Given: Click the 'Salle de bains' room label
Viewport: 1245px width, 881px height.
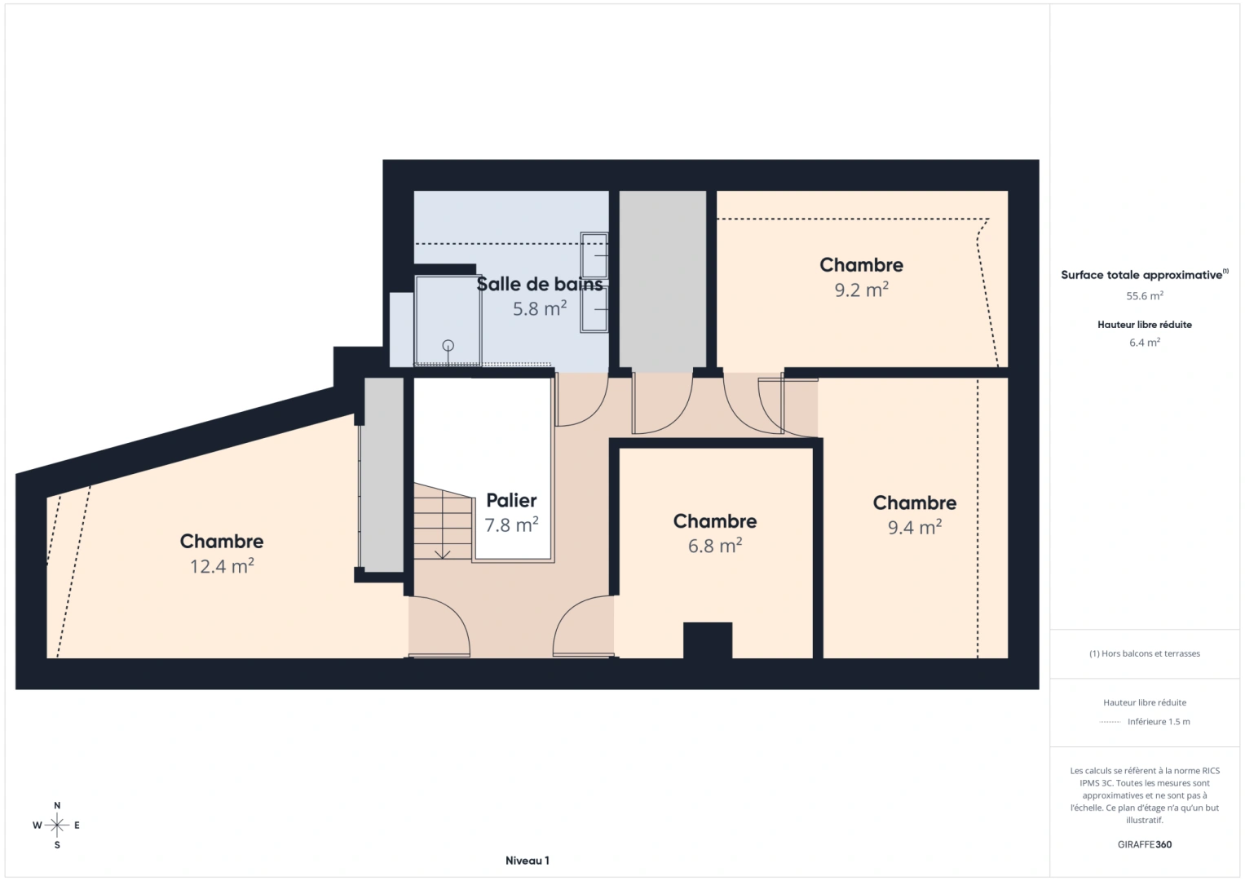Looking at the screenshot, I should [x=540, y=284].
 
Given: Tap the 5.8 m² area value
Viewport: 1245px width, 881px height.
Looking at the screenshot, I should [x=539, y=308].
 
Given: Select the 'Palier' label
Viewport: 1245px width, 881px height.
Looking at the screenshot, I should [x=511, y=500].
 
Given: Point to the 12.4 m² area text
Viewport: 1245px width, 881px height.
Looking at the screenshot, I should [x=222, y=565].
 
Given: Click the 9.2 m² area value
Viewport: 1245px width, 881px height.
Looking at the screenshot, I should [x=861, y=290].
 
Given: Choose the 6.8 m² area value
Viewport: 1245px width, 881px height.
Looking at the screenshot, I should [x=714, y=546].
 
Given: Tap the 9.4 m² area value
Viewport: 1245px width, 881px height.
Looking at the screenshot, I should [x=914, y=527].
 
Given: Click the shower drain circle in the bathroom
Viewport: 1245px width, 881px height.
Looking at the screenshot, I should [x=448, y=346].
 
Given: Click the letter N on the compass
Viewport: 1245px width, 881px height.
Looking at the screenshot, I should [x=57, y=805].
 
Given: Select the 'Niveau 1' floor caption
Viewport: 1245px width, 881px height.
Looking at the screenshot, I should [x=527, y=861].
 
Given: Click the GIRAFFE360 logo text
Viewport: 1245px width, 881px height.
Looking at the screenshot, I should [x=1144, y=844].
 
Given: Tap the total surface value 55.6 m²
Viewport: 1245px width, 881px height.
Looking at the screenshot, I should [x=1144, y=296].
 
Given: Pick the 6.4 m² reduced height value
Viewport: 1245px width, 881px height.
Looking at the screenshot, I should [x=1144, y=343].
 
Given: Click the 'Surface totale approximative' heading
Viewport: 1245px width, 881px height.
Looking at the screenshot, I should [x=1141, y=275].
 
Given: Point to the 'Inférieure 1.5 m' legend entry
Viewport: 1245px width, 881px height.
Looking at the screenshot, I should [x=1158, y=722].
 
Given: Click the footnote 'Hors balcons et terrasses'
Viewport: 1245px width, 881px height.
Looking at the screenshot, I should [x=1144, y=653].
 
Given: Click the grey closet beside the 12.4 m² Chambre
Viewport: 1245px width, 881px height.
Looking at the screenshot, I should [x=383, y=474].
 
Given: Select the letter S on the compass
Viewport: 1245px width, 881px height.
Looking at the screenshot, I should [x=57, y=845].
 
